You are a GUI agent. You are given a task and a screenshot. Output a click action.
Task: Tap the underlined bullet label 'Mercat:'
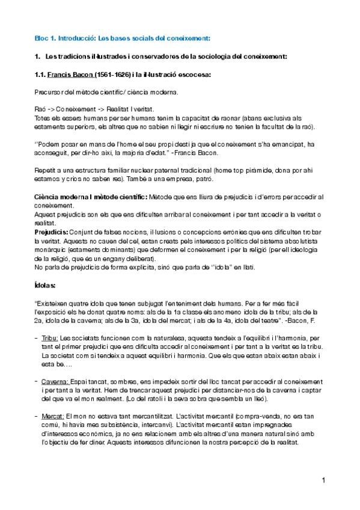coord(52,416)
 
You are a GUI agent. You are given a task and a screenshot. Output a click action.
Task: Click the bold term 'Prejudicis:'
coord(50,232)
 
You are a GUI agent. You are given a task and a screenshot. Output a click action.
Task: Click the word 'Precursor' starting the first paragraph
coord(49,92)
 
